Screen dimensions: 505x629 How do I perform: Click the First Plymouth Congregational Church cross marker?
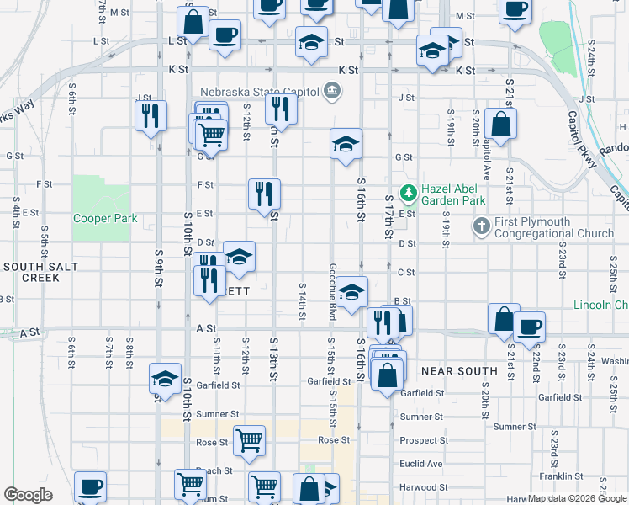tap(481, 226)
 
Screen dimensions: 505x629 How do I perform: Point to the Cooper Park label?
tap(105, 219)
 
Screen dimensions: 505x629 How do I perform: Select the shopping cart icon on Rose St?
tap(250, 440)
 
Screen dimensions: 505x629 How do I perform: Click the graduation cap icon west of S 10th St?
tap(166, 378)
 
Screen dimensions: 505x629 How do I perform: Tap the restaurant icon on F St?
tap(264, 194)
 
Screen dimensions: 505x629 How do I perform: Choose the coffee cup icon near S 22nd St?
tap(529, 327)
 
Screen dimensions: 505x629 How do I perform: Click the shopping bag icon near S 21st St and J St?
tap(501, 124)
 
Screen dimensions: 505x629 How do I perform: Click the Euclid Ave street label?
tap(422, 464)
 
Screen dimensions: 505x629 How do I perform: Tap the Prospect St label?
tap(424, 440)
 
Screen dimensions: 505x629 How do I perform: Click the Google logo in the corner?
tap(28, 495)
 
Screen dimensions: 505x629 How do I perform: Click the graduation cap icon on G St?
tap(346, 144)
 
